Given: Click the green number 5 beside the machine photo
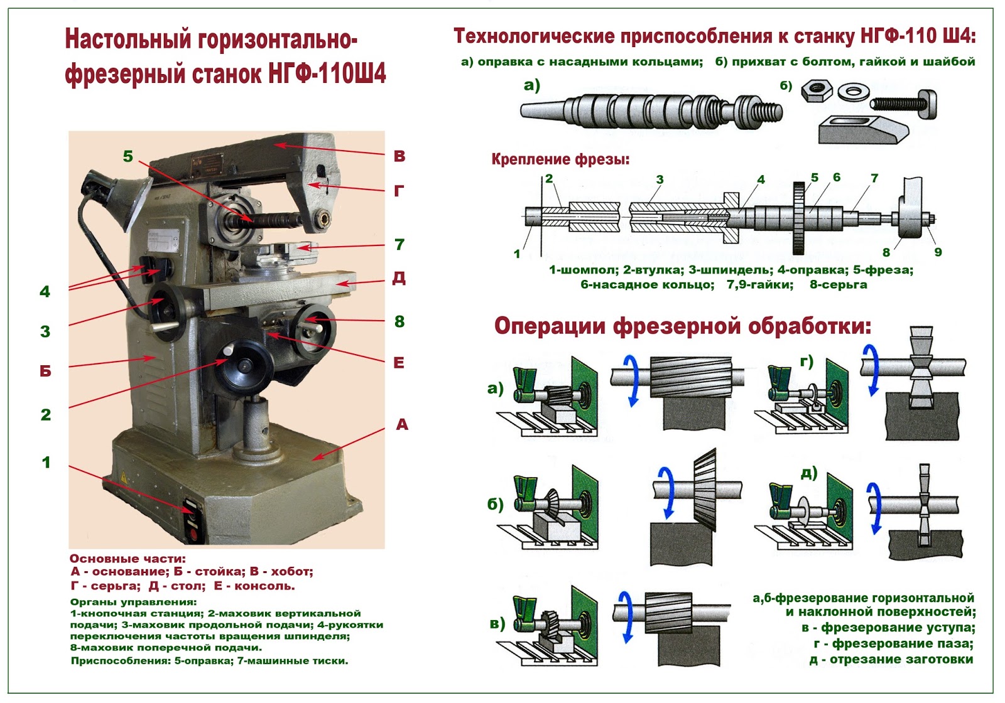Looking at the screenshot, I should (128, 156).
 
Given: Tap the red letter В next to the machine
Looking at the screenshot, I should (399, 156).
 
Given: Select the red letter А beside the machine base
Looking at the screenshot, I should (402, 425).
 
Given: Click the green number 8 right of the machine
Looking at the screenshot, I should (399, 321).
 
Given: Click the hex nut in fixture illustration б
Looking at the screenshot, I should (817, 92).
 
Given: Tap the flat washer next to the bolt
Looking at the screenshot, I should (852, 92).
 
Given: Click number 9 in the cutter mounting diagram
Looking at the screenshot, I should (938, 252).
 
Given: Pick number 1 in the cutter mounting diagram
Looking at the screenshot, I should (517, 254).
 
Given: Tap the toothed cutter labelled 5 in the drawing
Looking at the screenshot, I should (799, 218).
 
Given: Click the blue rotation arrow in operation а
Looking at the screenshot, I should (631, 380).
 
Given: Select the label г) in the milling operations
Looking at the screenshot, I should (807, 361).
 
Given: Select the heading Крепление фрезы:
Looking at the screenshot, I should (560, 159).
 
